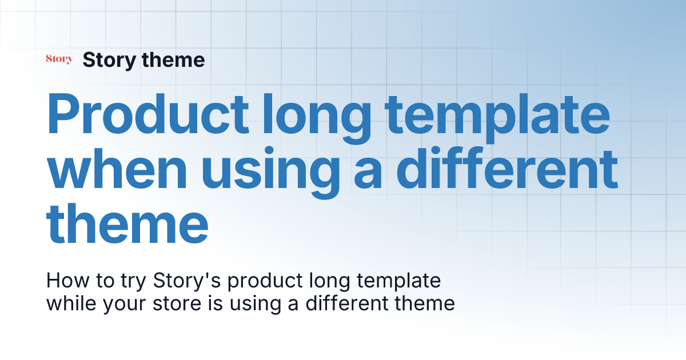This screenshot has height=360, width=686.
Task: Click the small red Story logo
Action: click(x=59, y=59)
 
